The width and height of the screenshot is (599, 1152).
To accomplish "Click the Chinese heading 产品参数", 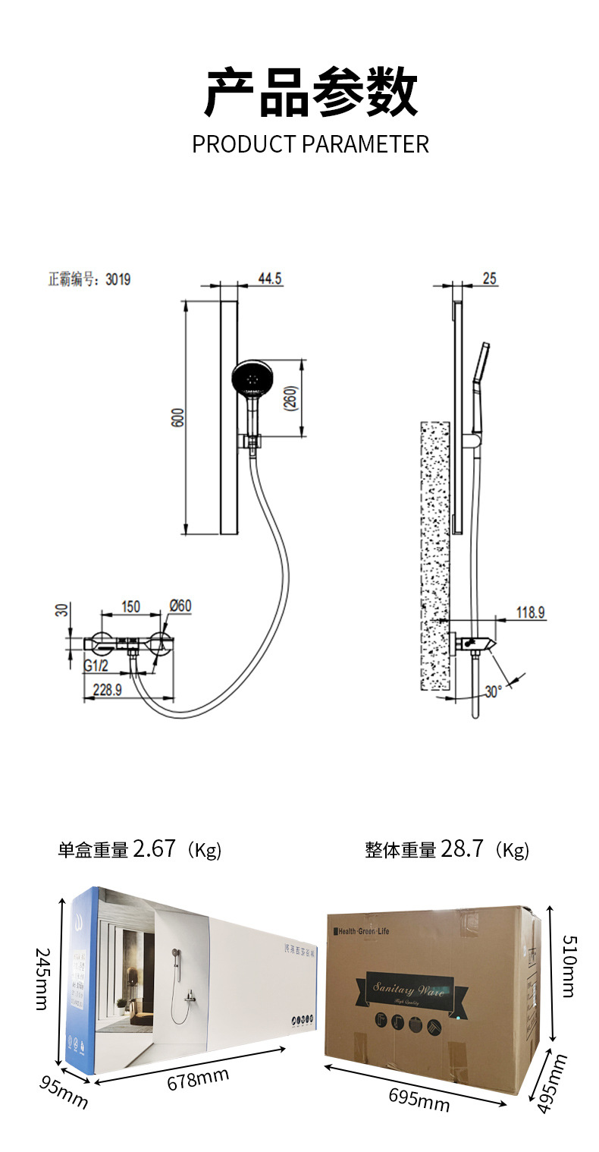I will pos(311,93).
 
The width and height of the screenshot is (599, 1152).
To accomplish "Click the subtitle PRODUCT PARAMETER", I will pos(310,144).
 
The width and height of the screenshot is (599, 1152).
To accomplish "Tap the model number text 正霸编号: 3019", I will pos(89,279).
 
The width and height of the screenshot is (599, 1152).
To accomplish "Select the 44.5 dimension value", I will pos(270,279).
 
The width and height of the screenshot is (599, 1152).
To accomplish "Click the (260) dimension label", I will pos(292,398).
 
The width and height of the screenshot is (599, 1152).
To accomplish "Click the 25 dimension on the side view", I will pos(489,279).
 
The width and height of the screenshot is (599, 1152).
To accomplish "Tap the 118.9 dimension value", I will pos(531,612).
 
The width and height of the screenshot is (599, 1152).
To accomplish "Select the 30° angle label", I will pos(494,692).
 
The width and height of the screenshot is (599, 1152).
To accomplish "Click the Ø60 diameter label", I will pos(180,606).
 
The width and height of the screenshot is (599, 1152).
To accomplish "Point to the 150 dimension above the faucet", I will pos(130,606).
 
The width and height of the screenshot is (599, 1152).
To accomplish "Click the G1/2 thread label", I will pos(96,666).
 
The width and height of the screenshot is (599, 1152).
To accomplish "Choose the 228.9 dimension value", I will pos(108,689).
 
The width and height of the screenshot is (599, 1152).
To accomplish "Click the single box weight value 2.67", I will pos(154,848).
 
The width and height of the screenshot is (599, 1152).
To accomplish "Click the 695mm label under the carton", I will pos(419,1098).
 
